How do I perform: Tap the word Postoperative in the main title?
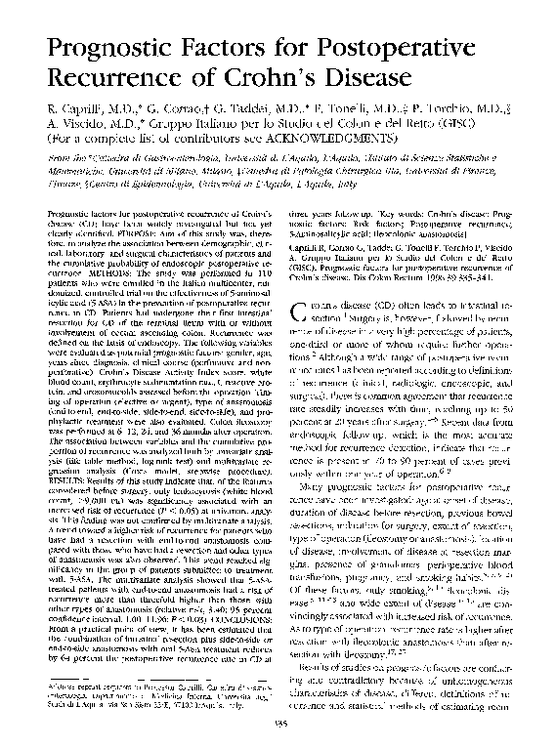pyautogui.click(x=371, y=45)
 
